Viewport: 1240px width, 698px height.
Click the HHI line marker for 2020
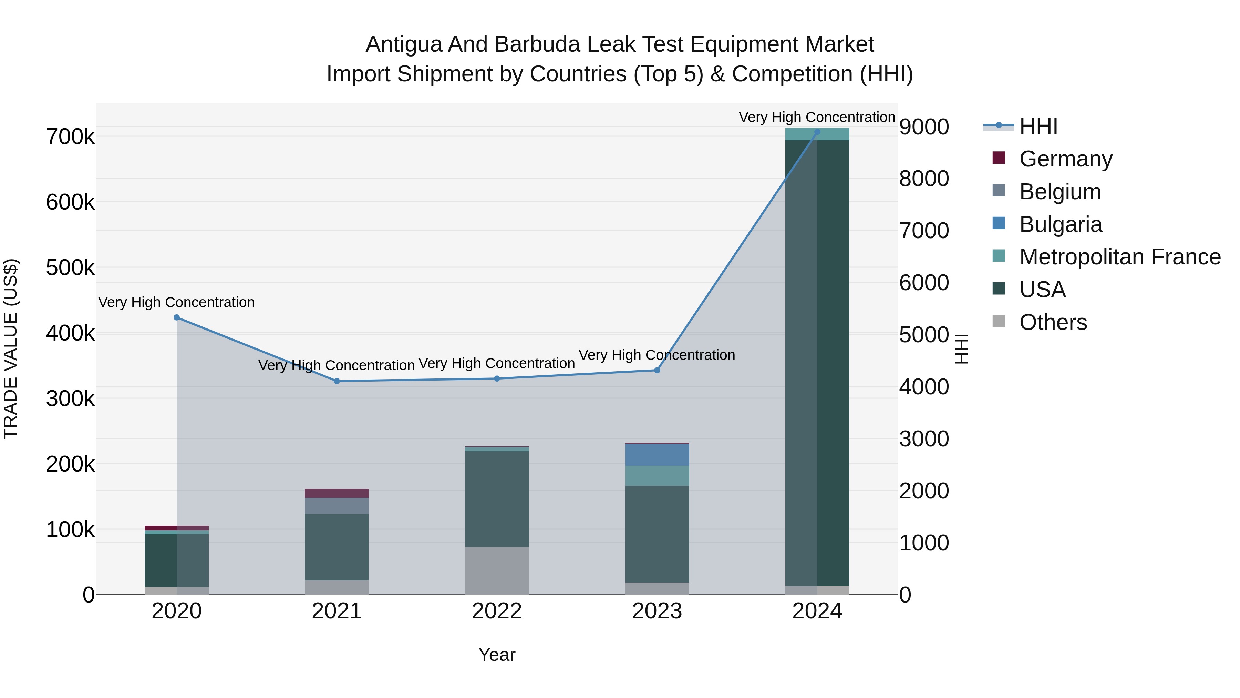point(177,317)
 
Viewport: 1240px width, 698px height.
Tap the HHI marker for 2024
point(817,132)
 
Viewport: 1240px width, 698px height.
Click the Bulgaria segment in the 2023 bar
point(657,455)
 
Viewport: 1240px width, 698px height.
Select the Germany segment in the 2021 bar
point(337,493)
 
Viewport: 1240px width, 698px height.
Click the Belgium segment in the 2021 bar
point(337,505)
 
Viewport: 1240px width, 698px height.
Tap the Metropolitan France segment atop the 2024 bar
point(817,134)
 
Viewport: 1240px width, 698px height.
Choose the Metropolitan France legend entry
point(1120,257)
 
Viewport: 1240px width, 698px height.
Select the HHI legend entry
point(1038,126)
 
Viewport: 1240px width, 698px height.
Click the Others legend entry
point(1053,322)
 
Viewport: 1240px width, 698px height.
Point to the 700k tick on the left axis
point(70,137)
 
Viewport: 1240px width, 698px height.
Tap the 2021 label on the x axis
point(337,611)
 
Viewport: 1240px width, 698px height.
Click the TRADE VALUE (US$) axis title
point(11,349)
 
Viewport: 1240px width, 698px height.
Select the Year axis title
point(497,655)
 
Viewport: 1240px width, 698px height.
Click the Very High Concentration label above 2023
point(657,355)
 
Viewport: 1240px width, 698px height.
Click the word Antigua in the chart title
point(403,44)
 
